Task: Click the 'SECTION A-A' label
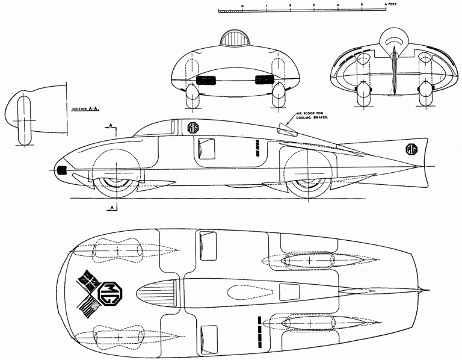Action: (86, 109)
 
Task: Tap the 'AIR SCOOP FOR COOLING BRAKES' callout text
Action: (312, 115)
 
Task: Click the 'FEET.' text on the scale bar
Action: (392, 5)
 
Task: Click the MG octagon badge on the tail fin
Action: (411, 149)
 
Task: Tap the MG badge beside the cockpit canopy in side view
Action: (193, 127)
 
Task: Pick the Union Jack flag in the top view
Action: (88, 279)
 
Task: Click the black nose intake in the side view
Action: (62, 170)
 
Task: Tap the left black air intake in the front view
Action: (205, 80)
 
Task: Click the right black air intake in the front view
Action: (264, 80)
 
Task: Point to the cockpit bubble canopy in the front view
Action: (235, 39)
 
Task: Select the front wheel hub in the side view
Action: (117, 182)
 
